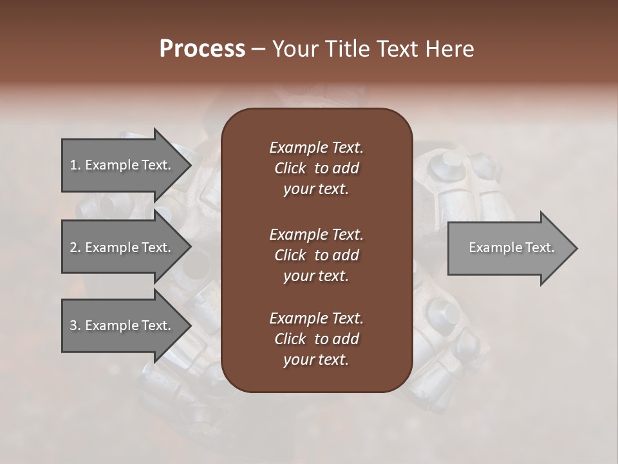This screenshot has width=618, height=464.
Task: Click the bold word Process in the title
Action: (x=202, y=49)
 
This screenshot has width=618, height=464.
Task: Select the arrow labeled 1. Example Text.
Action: (x=122, y=165)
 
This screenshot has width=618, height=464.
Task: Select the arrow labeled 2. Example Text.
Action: (x=122, y=247)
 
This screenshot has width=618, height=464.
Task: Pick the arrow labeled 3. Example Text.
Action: (x=122, y=325)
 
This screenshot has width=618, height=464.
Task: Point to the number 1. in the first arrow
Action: (x=75, y=165)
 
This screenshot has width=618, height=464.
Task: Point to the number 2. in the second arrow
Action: (x=75, y=247)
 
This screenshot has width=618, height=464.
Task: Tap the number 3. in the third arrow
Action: (x=75, y=325)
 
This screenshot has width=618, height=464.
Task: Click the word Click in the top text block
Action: (x=290, y=168)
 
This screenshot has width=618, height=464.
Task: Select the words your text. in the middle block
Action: (x=315, y=276)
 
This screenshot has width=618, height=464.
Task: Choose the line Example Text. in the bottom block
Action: (x=316, y=318)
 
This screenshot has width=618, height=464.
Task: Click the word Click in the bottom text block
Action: (x=290, y=339)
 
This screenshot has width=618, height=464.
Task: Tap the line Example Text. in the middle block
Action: (x=316, y=234)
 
